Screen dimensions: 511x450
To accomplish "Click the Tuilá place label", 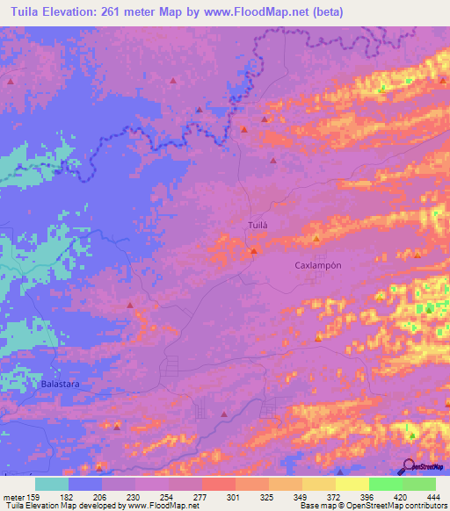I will pyautogui.click(x=255, y=225).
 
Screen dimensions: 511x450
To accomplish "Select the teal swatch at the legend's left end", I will pyautogui.click(x=52, y=484).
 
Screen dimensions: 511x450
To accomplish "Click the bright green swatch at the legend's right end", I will pyautogui.click(x=419, y=484).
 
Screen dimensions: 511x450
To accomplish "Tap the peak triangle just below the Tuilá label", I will pyautogui.click(x=253, y=251).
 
